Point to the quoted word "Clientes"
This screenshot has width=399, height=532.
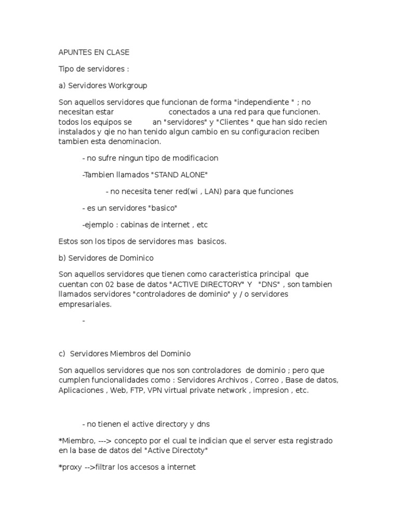[225, 122]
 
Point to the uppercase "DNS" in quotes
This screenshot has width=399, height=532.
[270, 285]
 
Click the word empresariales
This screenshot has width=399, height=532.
[85, 304]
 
